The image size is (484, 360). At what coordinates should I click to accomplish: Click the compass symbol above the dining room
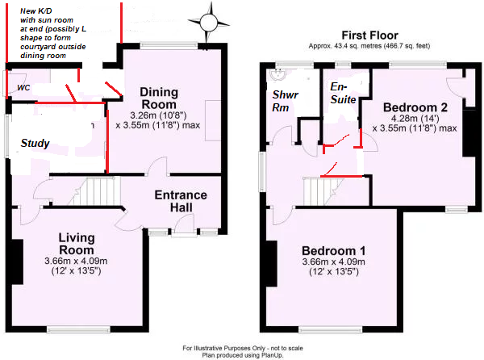click(209, 23)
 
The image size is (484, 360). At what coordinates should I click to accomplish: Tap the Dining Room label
click(159, 98)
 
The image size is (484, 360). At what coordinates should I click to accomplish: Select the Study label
click(35, 143)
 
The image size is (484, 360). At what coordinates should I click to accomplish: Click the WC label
click(23, 88)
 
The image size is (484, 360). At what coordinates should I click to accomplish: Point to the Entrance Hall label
click(181, 201)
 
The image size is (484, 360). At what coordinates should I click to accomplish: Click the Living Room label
click(77, 244)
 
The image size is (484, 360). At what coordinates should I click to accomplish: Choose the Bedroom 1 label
click(334, 251)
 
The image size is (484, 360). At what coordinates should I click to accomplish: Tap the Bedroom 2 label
click(415, 107)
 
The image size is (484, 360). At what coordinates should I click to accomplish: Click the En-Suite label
click(343, 93)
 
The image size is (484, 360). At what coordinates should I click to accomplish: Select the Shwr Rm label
click(285, 101)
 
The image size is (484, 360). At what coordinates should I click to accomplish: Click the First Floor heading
click(369, 36)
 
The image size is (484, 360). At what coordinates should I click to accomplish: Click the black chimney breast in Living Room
click(17, 262)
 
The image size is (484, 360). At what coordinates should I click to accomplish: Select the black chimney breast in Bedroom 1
click(272, 264)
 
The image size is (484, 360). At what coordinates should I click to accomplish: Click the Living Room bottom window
click(79, 330)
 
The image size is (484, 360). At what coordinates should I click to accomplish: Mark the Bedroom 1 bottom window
click(330, 330)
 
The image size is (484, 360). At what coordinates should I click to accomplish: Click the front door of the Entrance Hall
click(184, 225)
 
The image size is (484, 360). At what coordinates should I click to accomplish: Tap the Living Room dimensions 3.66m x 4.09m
click(76, 261)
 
